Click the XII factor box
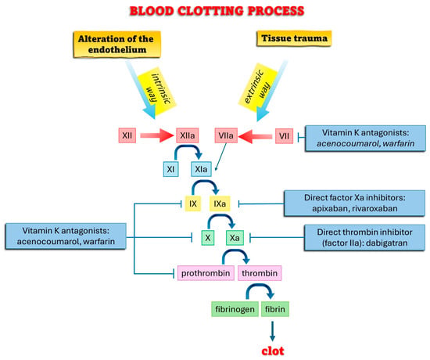coord(127,135)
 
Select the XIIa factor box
coord(188,135)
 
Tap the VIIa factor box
coord(226,135)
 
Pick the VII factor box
coord(284,136)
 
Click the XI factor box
coord(170,169)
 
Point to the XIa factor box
coord(201,169)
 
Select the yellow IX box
coord(193,203)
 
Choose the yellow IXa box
coord(220,203)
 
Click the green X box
coord(208,238)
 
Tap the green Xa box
coord(235,238)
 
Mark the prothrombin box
coord(206,273)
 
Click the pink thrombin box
coord(260,273)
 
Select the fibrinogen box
coord(235,309)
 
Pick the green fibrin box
coord(274,309)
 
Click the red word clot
coord(273,351)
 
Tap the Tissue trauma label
coord(294,38)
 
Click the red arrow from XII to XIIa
coord(157,135)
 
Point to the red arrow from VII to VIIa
coord(256,136)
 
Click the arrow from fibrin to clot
coord(272,331)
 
